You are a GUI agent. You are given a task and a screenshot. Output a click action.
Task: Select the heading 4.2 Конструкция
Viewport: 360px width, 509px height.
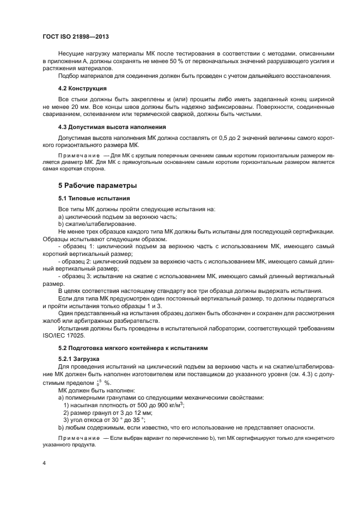coord(82,88)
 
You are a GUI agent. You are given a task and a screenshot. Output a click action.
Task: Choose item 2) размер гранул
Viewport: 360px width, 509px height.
coord(97,412)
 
